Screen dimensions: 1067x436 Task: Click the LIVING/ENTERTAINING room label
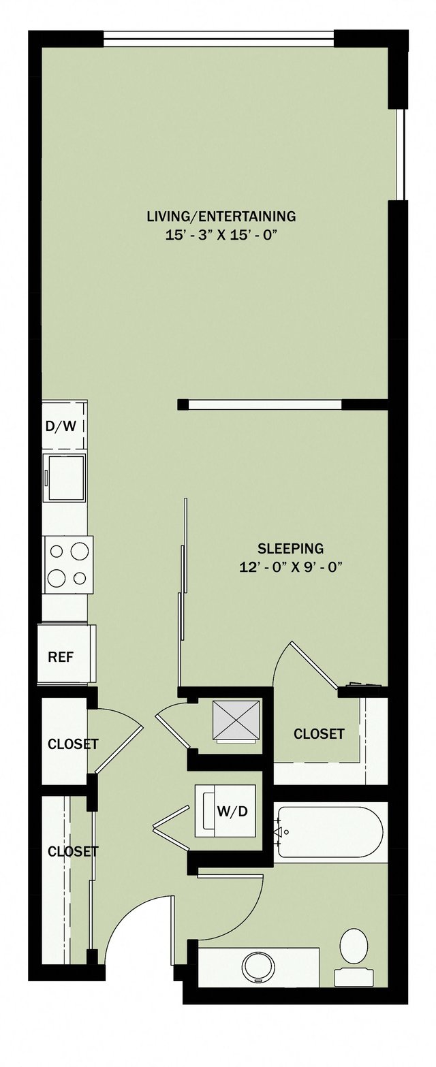(x=221, y=217)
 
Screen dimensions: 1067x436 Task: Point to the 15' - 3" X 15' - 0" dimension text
(x=221, y=236)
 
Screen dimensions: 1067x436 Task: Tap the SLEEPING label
(x=290, y=547)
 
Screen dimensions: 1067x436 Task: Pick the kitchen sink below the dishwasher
(x=65, y=477)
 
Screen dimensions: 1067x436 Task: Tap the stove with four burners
(x=67, y=564)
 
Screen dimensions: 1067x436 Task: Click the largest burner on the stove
(x=80, y=550)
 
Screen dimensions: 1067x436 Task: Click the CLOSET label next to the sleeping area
(x=319, y=734)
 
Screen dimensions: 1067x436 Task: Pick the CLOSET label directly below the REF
(x=72, y=744)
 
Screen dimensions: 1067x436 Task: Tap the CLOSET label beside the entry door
(x=72, y=851)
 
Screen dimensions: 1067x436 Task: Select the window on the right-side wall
(x=401, y=154)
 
